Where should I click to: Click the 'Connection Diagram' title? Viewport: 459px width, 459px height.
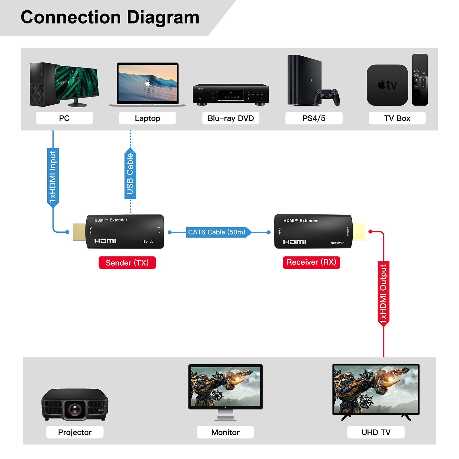pyautogui.click(x=110, y=17)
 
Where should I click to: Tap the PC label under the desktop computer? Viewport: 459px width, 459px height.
pyautogui.click(x=64, y=118)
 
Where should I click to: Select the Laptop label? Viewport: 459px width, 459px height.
pyautogui.click(x=147, y=118)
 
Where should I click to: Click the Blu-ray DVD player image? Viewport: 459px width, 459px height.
pyautogui.click(x=231, y=95)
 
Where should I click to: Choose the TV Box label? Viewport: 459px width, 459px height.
pyautogui.click(x=397, y=118)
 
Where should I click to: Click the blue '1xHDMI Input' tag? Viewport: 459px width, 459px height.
pyautogui.click(x=53, y=177)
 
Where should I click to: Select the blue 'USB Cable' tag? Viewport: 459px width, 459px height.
pyautogui.click(x=130, y=174)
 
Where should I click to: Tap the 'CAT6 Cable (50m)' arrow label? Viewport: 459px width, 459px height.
pyautogui.click(x=217, y=232)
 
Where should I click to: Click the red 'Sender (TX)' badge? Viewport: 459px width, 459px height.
pyautogui.click(x=127, y=262)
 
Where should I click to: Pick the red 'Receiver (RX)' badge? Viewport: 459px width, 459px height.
pyautogui.click(x=311, y=262)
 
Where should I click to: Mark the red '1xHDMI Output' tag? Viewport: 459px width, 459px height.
pyautogui.click(x=383, y=293)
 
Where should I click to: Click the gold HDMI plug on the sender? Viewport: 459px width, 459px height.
pyautogui.click(x=79, y=231)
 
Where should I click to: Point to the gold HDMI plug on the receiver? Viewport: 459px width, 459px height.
pyautogui.click(x=359, y=231)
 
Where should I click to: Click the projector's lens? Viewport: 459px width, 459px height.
pyautogui.click(x=75, y=409)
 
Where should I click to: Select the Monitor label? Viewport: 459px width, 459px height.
pyautogui.click(x=225, y=432)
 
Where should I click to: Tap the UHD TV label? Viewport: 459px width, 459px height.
pyautogui.click(x=376, y=432)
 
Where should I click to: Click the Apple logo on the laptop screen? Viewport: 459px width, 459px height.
pyautogui.click(x=148, y=83)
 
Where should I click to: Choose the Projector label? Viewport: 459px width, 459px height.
pyautogui.click(x=75, y=432)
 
